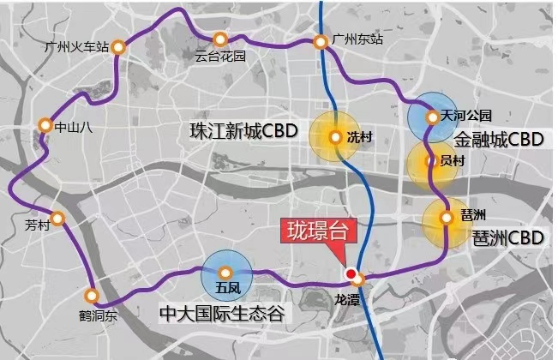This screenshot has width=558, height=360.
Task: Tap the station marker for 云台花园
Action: click(220, 39)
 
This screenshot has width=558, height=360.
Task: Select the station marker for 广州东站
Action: click(320, 40)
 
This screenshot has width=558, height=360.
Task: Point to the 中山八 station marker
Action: click(45, 126)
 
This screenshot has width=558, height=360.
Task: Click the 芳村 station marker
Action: click(57, 219)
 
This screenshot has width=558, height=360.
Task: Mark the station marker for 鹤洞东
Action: click(92, 297)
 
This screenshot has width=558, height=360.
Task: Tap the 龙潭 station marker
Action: click(359, 279)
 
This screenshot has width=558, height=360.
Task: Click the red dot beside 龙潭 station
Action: click(350, 273)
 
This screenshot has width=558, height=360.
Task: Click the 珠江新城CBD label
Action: click(243, 133)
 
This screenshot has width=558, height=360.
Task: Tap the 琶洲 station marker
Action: click(446, 218)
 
